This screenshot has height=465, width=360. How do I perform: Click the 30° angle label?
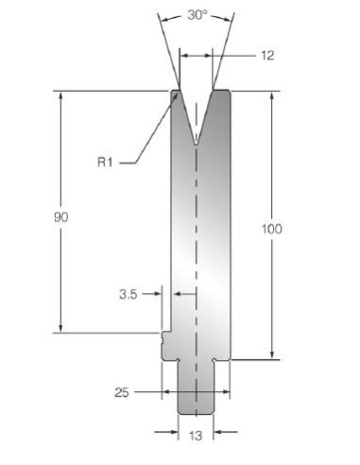(x=197, y=15)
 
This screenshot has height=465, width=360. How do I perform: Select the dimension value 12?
(x=267, y=56)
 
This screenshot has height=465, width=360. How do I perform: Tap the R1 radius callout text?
(x=105, y=163)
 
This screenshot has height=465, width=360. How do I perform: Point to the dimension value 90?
(x=60, y=217)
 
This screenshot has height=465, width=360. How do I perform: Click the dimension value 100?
(x=272, y=229)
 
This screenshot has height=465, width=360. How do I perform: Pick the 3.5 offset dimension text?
(x=129, y=295)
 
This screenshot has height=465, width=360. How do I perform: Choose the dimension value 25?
(x=122, y=392)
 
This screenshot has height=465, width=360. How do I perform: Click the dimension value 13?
(x=196, y=436)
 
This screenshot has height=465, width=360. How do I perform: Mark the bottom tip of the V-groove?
(x=197, y=145)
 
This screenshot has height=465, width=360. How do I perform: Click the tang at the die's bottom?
(x=196, y=388)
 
